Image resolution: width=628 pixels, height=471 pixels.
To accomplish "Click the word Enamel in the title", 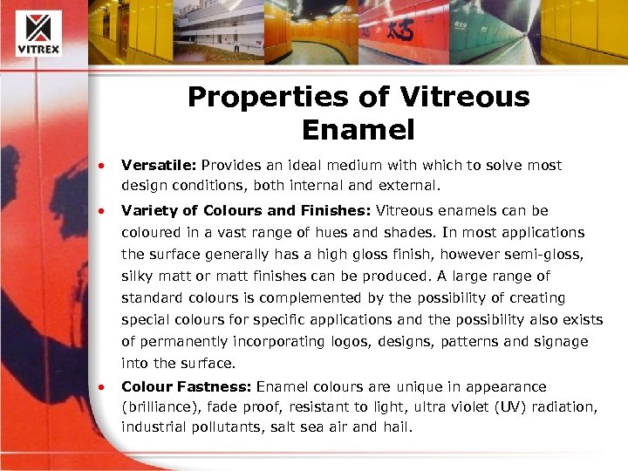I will (358, 130).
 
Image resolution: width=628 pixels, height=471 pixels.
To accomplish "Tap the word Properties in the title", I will (259, 96).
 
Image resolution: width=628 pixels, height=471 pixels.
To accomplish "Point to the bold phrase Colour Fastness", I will (177, 386).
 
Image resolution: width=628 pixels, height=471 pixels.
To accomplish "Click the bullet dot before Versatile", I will (102, 166).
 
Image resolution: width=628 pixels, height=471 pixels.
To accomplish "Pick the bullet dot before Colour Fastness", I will (102, 387).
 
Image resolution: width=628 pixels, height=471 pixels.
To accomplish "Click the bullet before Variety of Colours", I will (102, 211).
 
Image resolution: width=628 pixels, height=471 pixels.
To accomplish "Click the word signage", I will (557, 342).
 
